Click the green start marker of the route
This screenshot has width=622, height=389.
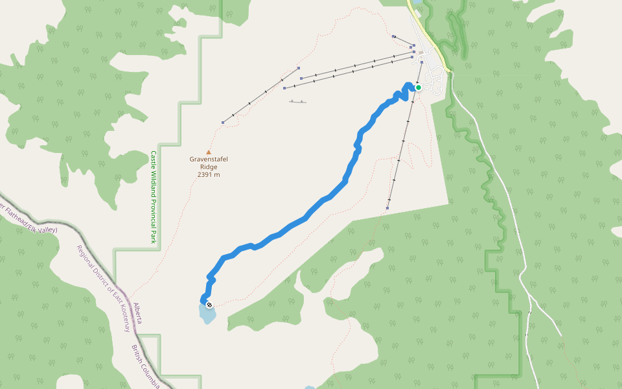[x=419, y=88]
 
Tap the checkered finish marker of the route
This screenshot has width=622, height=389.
[x=209, y=304]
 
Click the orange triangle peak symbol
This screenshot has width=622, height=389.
[x=209, y=152]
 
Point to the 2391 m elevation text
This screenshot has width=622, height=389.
[x=209, y=174]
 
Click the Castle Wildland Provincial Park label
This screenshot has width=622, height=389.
[x=154, y=198]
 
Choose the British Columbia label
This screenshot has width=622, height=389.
[x=145, y=366]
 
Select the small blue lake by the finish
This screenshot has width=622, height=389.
[x=207, y=314]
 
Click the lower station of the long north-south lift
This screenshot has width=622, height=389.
[x=387, y=208]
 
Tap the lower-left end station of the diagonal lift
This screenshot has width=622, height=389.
[x=223, y=122]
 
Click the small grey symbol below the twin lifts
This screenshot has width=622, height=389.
[x=298, y=102]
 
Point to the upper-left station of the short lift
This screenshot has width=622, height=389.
[x=393, y=36]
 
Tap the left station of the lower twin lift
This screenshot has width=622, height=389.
[x=284, y=88]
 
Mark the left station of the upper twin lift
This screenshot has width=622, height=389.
[x=301, y=78]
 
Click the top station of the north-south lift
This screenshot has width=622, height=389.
[x=422, y=62]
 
